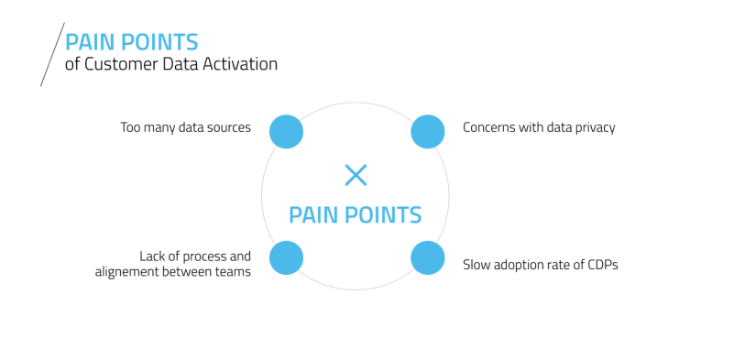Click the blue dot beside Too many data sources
pyautogui.click(x=286, y=131)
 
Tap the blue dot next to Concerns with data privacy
pyautogui.click(x=427, y=131)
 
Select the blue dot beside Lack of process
pyautogui.click(x=286, y=257)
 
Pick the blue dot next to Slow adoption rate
pyautogui.click(x=427, y=257)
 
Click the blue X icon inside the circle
pyautogui.click(x=356, y=175)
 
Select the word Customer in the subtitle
pyautogui.click(x=115, y=65)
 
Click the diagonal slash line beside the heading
pyautogui.click(x=51, y=55)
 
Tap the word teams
pyautogui.click(x=233, y=273)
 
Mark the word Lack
pyautogui.click(x=152, y=256)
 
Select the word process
pyautogui.click(x=203, y=257)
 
